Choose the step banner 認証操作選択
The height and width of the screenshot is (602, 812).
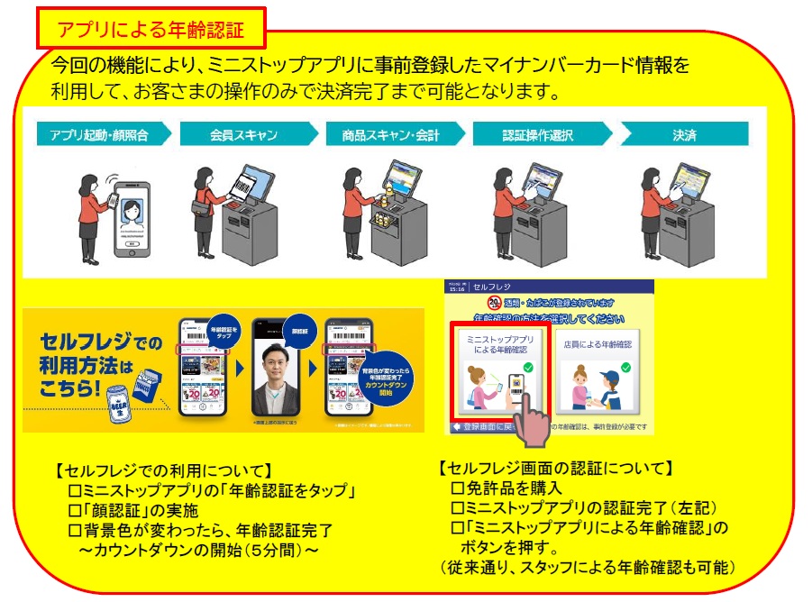[539, 135]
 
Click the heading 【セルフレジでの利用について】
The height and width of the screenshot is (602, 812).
[163, 470]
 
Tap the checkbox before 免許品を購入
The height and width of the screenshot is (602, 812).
[456, 488]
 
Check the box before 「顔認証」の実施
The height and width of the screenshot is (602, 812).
[75, 511]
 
